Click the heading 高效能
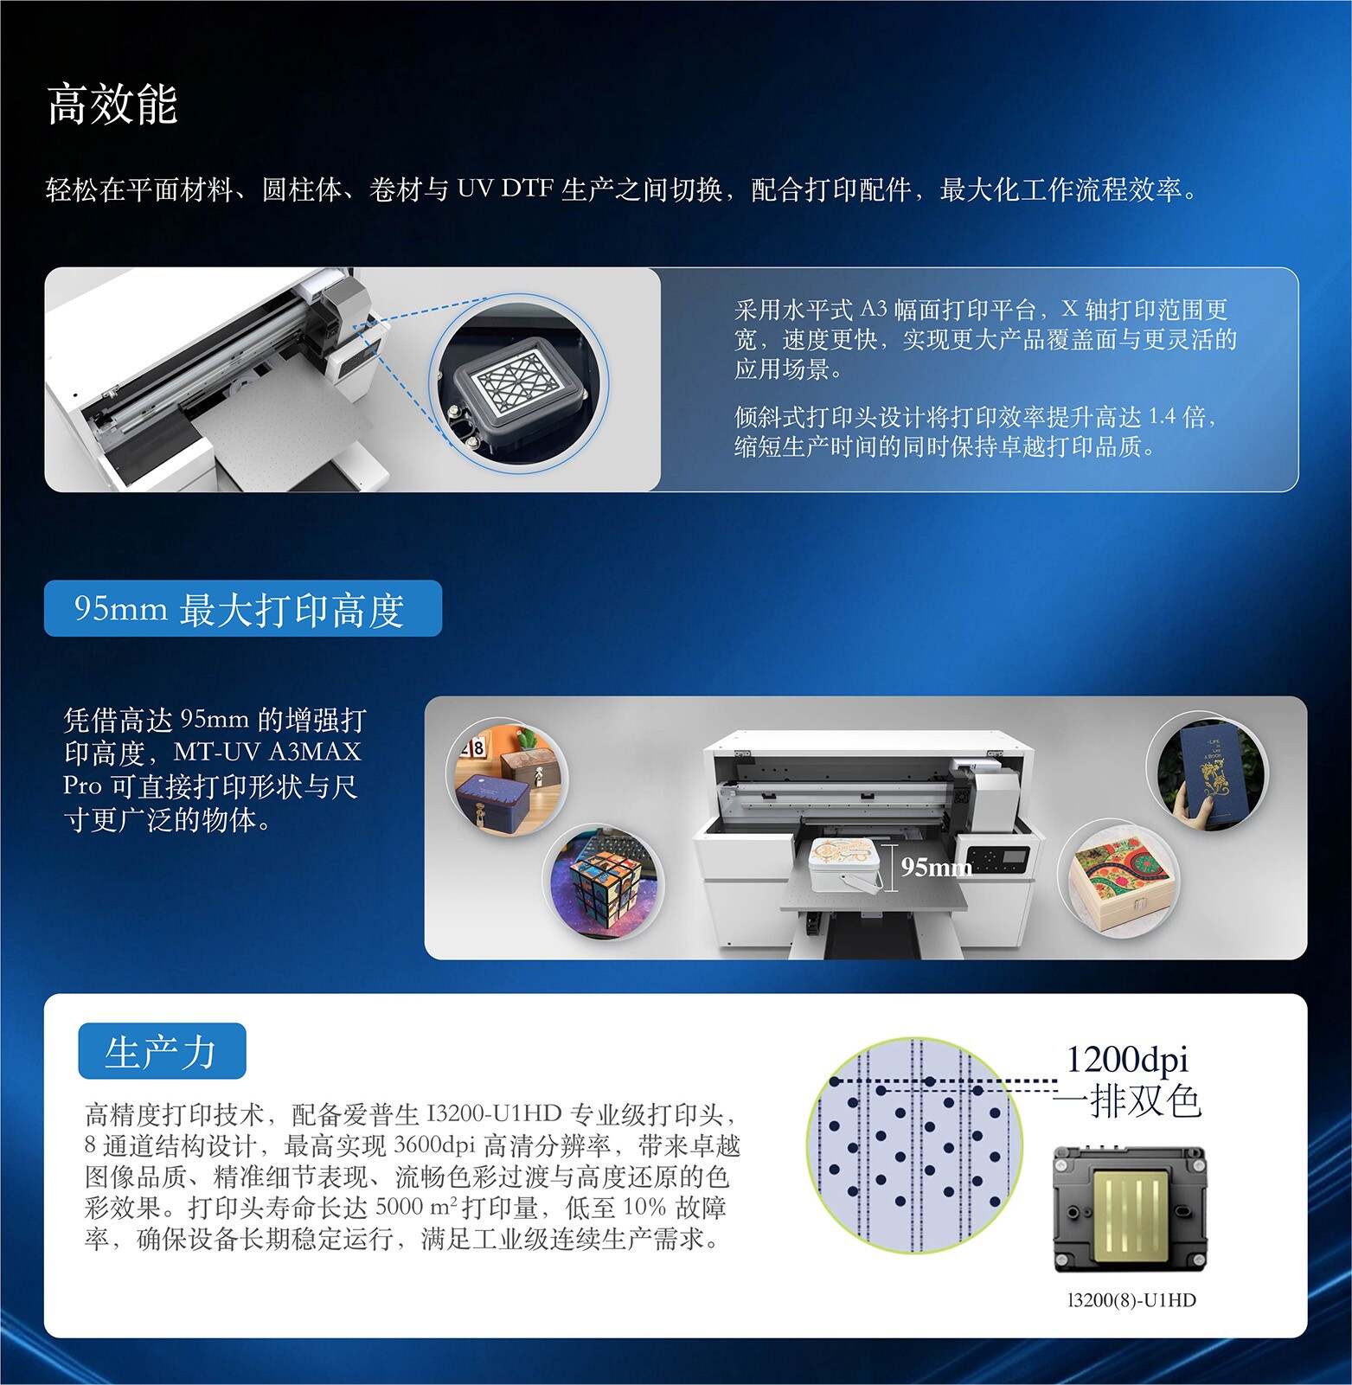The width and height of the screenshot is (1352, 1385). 112,105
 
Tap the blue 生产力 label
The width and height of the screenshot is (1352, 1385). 162,1051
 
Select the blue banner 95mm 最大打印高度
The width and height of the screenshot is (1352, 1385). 242,609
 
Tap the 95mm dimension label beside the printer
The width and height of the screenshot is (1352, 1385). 937,866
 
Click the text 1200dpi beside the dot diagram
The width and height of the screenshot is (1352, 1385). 1126,1059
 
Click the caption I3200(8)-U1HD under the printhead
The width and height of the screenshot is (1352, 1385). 1131,1300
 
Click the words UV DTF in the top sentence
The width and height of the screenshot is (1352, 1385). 503,189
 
